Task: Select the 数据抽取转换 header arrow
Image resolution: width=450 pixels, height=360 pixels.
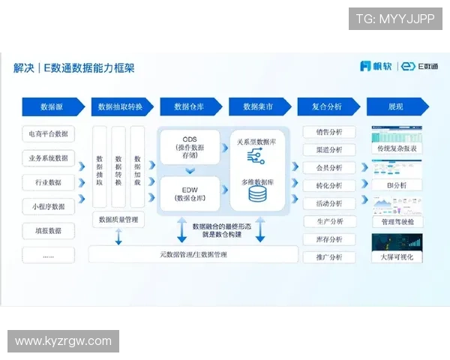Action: click(121, 107)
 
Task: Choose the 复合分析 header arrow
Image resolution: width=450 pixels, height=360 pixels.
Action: click(327, 107)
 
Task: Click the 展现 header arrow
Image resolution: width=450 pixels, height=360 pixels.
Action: click(396, 107)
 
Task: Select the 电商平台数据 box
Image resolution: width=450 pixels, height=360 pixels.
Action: click(49, 134)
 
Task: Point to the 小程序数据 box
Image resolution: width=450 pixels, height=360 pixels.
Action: click(49, 206)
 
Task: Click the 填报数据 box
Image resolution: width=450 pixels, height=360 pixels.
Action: click(49, 230)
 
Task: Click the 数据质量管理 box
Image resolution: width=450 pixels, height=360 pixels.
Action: click(118, 220)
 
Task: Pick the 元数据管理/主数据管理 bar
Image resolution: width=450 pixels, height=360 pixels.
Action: click(193, 254)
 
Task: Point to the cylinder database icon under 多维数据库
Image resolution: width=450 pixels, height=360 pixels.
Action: click(258, 195)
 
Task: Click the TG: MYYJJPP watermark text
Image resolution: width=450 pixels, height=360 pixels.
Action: click(395, 19)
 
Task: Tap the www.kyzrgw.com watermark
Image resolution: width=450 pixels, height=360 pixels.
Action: click(63, 341)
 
